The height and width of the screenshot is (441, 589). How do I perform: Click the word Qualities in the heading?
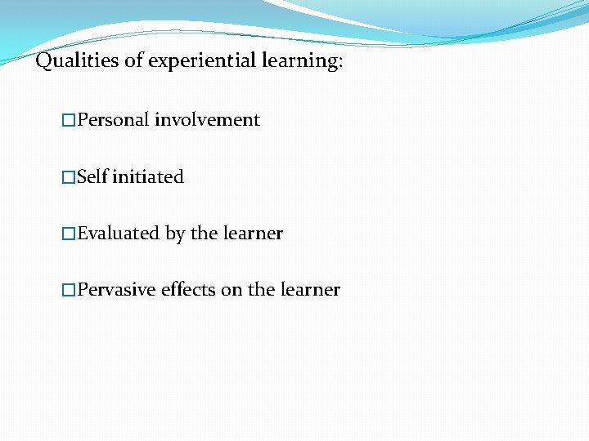point(78,61)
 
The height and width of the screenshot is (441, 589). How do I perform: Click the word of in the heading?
point(134,61)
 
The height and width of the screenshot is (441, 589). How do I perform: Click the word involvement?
point(207,120)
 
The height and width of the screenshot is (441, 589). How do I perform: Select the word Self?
point(92,176)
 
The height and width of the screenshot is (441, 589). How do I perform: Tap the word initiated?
point(147,176)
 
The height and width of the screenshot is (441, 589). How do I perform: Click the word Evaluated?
point(119,234)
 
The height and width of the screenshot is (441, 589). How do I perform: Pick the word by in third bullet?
point(175,234)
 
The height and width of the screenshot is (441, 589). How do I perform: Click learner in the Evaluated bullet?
point(253,234)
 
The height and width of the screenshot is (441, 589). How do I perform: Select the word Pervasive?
point(116,290)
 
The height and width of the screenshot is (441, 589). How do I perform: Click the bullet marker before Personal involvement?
point(69,121)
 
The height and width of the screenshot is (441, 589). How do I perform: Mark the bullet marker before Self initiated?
point(69,177)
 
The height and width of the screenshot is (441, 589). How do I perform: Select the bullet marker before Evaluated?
point(69,234)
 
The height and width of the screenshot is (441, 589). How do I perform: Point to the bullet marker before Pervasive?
point(69,291)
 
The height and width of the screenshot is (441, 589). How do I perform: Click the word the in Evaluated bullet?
point(204,234)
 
